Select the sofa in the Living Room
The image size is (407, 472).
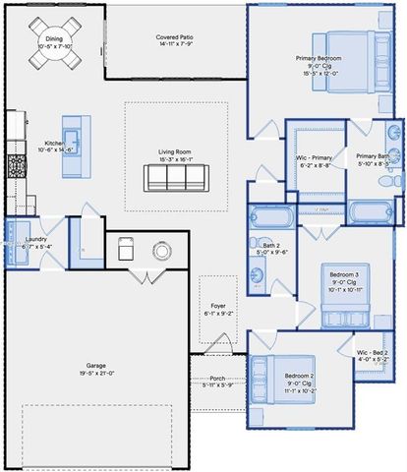click(x=177, y=177)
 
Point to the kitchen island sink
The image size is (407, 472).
click(x=71, y=137)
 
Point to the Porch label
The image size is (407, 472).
click(x=218, y=380)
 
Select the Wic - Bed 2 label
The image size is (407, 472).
click(x=373, y=355)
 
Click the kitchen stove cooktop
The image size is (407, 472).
click(x=15, y=166)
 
